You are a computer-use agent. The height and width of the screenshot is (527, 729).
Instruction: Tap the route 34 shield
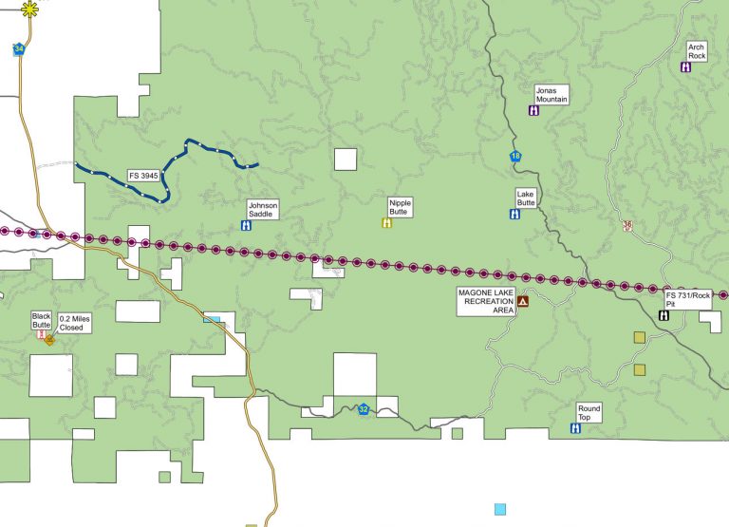click(19, 49)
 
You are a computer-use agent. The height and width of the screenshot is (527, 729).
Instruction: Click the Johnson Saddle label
click(262, 210)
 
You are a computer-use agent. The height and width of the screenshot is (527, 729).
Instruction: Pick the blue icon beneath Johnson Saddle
click(246, 226)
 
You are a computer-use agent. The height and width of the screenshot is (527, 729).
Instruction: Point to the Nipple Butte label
click(400, 207)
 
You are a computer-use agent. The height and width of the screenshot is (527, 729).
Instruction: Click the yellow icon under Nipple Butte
click(386, 223)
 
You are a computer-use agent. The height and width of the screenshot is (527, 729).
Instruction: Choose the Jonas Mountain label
click(551, 94)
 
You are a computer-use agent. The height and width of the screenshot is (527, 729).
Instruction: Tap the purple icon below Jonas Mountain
click(534, 110)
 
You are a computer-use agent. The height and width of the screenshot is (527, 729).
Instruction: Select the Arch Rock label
click(697, 51)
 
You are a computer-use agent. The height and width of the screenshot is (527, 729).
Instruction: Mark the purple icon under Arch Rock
click(686, 67)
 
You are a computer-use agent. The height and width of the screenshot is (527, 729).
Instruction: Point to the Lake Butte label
click(526, 198)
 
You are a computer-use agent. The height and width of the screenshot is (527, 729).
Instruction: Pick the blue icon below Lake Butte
click(514, 214)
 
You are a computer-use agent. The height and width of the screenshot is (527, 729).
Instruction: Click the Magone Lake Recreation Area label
click(485, 300)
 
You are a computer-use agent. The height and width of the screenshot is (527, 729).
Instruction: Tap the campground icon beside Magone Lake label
click(522, 301)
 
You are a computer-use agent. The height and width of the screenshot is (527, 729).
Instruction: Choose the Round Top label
click(589, 412)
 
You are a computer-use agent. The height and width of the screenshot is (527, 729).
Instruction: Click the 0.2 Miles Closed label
click(73, 323)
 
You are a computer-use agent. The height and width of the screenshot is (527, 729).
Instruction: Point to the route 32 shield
click(364, 409)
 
